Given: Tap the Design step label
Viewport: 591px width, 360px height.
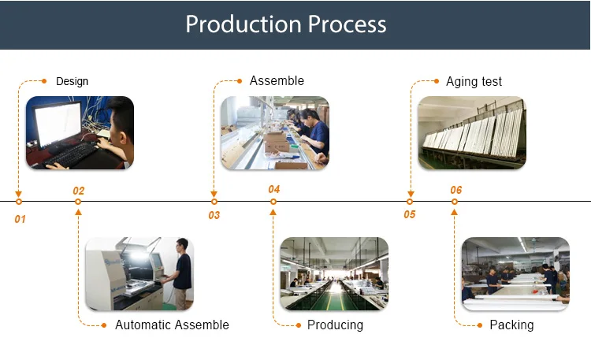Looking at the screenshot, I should (72, 81).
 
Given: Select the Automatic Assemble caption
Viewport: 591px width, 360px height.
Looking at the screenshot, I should (172, 325).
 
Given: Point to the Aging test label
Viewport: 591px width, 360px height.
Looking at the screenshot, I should (474, 81).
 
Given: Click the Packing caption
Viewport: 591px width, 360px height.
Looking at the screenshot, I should (511, 325).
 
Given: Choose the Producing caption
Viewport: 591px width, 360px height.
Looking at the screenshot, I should (335, 325).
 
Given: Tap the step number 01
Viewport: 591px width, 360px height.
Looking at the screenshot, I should (20, 218).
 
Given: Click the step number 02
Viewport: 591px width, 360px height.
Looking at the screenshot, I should (79, 191).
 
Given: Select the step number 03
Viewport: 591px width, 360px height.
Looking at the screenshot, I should (214, 215).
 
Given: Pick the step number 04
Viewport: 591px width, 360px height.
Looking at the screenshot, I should (273, 189).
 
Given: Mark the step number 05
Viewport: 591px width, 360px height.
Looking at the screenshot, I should (410, 214).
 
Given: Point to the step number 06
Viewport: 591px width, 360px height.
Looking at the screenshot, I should (455, 190).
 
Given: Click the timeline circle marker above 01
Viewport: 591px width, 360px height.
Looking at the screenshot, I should (19, 202).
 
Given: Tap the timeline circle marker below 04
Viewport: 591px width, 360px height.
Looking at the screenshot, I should (273, 202).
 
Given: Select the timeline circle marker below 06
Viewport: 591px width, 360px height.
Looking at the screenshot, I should (455, 202).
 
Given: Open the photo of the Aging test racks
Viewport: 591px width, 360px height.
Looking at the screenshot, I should (471, 132).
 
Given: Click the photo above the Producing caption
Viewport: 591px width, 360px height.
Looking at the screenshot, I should (334, 273).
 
